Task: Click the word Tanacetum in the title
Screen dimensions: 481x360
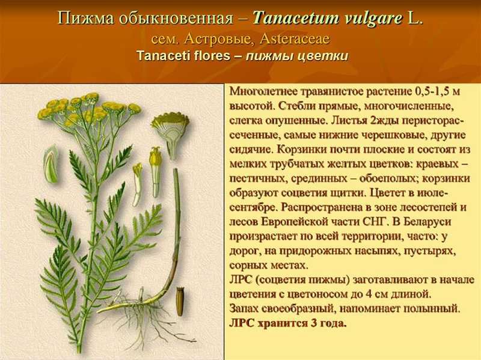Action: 296,19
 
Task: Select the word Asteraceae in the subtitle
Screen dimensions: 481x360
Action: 295,39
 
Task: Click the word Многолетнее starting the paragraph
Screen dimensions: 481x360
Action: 264,91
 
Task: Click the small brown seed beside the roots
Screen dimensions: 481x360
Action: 180,301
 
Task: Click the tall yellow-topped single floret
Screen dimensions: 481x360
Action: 155,172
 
